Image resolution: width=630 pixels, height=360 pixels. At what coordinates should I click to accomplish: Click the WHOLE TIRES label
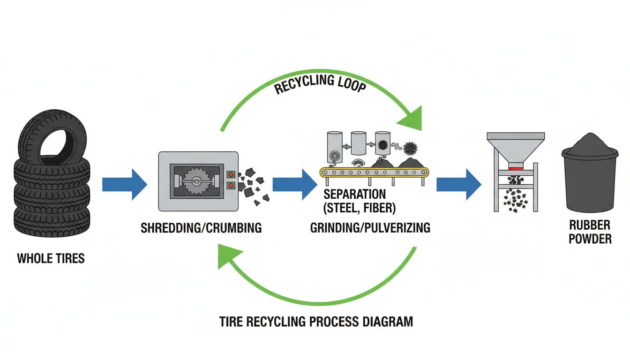(51, 258)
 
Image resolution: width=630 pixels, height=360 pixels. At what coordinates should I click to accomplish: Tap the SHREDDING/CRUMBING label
(201, 228)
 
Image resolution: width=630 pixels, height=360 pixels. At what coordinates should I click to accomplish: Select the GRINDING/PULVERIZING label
(370, 228)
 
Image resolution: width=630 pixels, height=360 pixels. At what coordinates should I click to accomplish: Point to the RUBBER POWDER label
(590, 232)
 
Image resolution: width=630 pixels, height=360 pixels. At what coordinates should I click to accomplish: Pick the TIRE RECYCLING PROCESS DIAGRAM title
(316, 322)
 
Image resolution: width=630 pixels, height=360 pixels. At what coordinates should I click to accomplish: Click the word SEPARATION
(354, 194)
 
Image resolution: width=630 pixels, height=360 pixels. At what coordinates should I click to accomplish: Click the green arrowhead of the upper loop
(411, 120)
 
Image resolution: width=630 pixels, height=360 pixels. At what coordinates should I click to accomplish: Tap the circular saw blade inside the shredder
(196, 183)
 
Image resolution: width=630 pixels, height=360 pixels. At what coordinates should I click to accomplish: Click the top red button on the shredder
(230, 174)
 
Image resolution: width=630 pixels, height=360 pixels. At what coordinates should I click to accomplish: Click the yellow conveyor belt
(374, 172)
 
